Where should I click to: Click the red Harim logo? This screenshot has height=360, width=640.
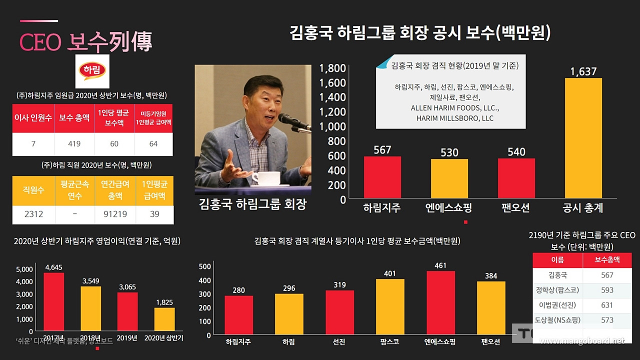click(x=92, y=71)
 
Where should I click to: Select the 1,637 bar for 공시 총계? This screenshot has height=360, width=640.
click(x=583, y=138)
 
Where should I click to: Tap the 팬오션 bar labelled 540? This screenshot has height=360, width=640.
click(x=516, y=178)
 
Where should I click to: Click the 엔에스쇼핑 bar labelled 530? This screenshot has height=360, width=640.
click(x=449, y=179)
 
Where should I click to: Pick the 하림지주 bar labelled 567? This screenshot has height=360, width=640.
click(x=382, y=177)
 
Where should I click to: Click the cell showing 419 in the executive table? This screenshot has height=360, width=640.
click(x=74, y=144)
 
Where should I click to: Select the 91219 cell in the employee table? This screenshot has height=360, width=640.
click(x=115, y=214)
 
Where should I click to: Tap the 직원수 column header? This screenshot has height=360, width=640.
click(x=33, y=190)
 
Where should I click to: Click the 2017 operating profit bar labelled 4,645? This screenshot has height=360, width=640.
click(x=53, y=301)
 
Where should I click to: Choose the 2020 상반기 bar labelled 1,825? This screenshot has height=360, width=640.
click(x=164, y=319)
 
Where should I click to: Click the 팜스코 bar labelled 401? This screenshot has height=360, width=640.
click(x=390, y=306)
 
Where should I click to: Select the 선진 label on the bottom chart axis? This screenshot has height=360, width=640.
click(x=339, y=342)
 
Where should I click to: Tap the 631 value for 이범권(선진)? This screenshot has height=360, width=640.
click(x=607, y=305)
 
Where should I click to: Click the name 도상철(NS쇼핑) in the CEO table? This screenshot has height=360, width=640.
click(x=558, y=320)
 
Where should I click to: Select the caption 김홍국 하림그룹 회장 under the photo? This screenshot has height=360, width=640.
click(x=252, y=204)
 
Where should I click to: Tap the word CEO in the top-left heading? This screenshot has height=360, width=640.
click(x=40, y=43)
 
